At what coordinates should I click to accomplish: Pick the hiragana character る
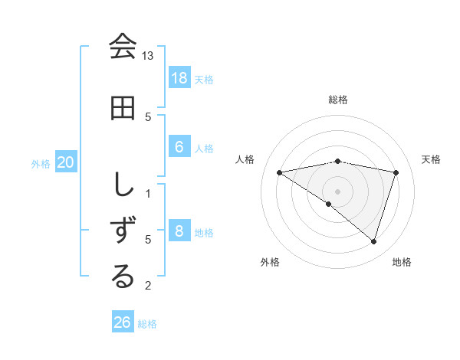(123, 277)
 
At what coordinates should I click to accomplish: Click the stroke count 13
(148, 56)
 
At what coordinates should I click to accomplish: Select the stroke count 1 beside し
(148, 193)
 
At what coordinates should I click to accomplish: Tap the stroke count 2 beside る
(148, 286)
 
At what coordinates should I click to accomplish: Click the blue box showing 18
(179, 78)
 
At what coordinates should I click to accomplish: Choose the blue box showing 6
(179, 148)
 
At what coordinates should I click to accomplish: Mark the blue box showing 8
(179, 231)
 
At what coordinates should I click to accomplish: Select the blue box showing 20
(66, 162)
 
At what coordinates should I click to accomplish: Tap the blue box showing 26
(123, 322)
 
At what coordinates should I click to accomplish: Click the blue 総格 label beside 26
(148, 324)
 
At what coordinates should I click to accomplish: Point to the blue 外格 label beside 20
(41, 163)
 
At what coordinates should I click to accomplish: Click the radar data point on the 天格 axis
(396, 172)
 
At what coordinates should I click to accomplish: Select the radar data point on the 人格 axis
(280, 172)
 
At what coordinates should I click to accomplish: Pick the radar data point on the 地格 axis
(373, 241)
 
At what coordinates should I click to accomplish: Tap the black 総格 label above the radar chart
(338, 100)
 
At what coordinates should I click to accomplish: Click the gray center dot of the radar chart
(338, 191)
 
